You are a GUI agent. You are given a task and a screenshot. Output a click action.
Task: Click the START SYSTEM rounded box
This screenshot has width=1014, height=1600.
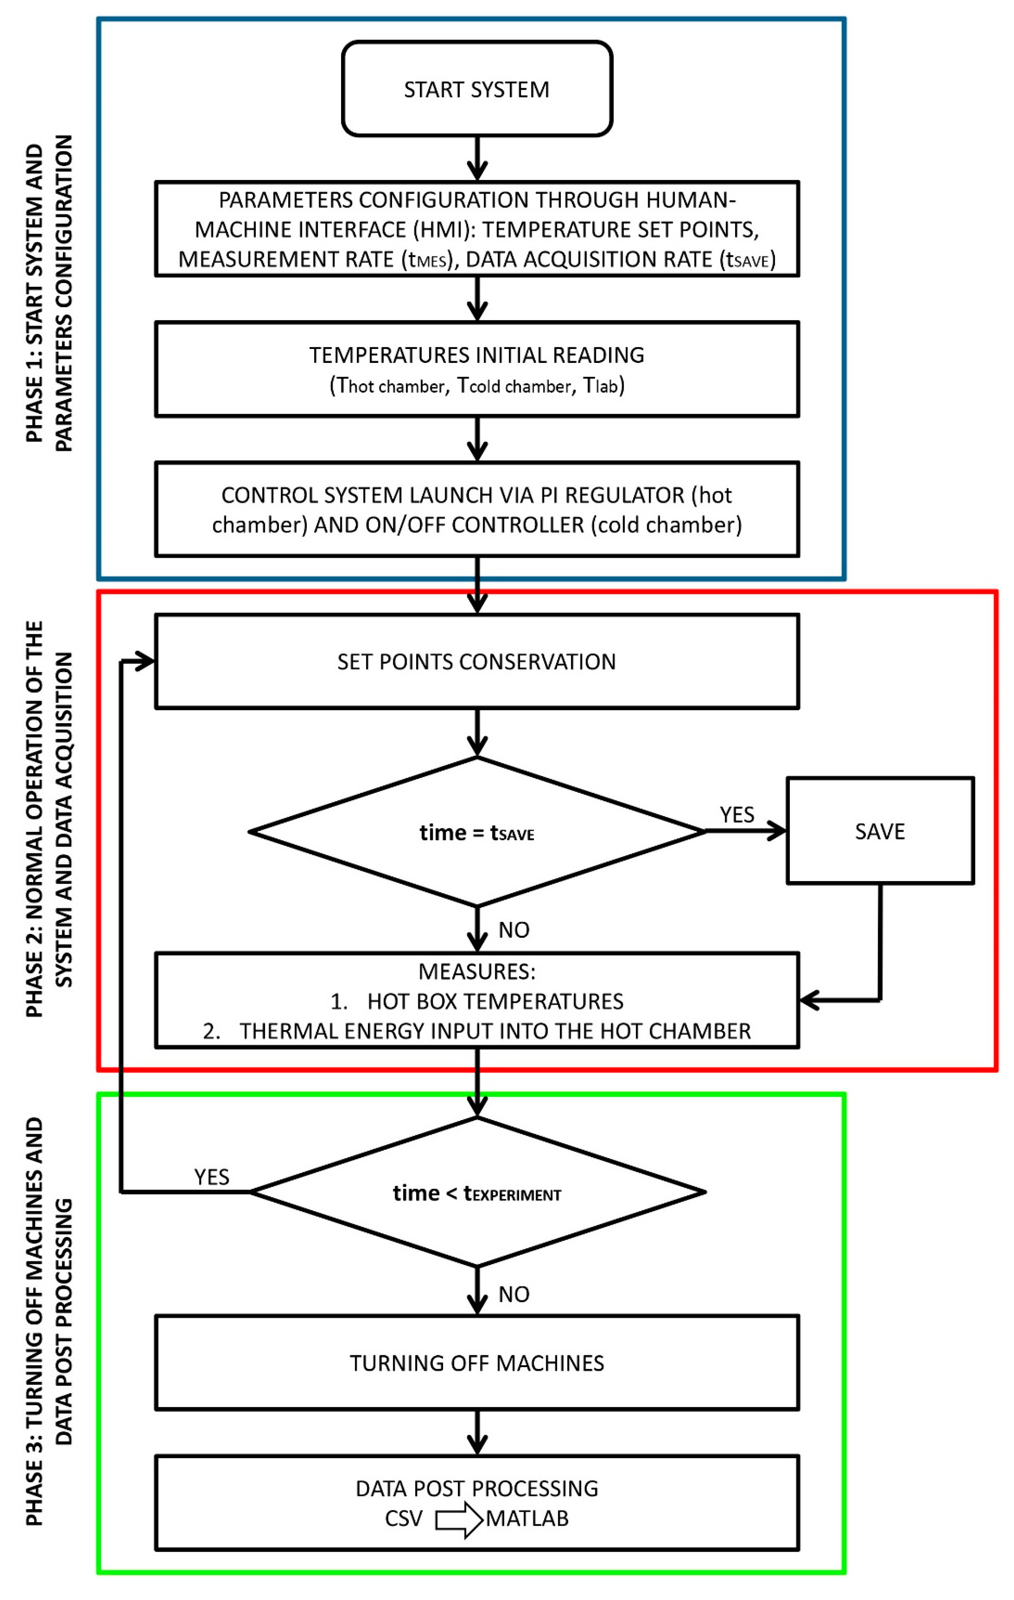476,89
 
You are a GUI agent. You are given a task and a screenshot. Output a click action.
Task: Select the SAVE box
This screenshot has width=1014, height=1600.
880,831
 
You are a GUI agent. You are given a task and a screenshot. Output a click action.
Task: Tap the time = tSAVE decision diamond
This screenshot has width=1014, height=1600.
476,832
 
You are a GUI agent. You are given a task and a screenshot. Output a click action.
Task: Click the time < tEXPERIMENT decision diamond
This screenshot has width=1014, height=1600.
476,1193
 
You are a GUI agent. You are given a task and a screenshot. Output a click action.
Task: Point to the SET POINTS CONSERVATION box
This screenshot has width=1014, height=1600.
476,661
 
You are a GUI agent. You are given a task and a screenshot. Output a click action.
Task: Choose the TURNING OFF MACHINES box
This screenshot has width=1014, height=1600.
476,1363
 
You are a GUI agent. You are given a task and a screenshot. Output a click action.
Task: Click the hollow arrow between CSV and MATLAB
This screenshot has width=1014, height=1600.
458,1519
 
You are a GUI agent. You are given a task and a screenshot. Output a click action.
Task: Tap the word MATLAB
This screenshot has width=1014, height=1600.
527,1519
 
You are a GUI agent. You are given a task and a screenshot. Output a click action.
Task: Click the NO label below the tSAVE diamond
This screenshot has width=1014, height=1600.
514,930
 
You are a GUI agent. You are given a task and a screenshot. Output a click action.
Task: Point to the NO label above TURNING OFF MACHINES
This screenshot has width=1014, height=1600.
514,1294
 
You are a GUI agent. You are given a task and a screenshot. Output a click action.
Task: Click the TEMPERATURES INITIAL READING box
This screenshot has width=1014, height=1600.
476,369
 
